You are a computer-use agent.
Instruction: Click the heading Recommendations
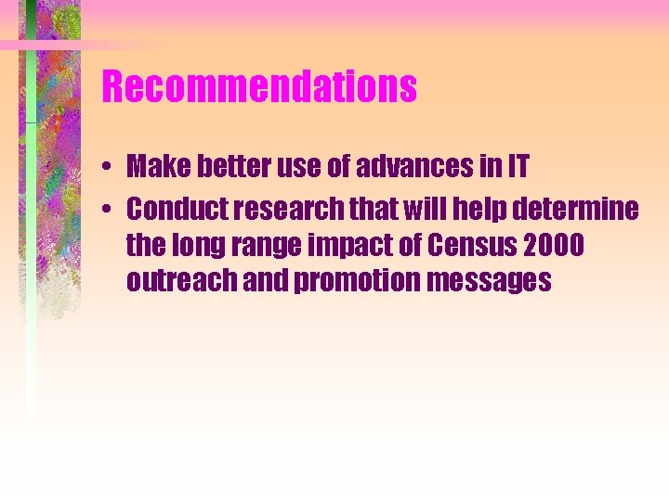pos(259,88)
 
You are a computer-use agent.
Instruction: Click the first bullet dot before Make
pos(109,168)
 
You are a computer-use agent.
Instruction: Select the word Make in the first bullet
pos(155,167)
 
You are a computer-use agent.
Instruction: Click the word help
pos(482,210)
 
